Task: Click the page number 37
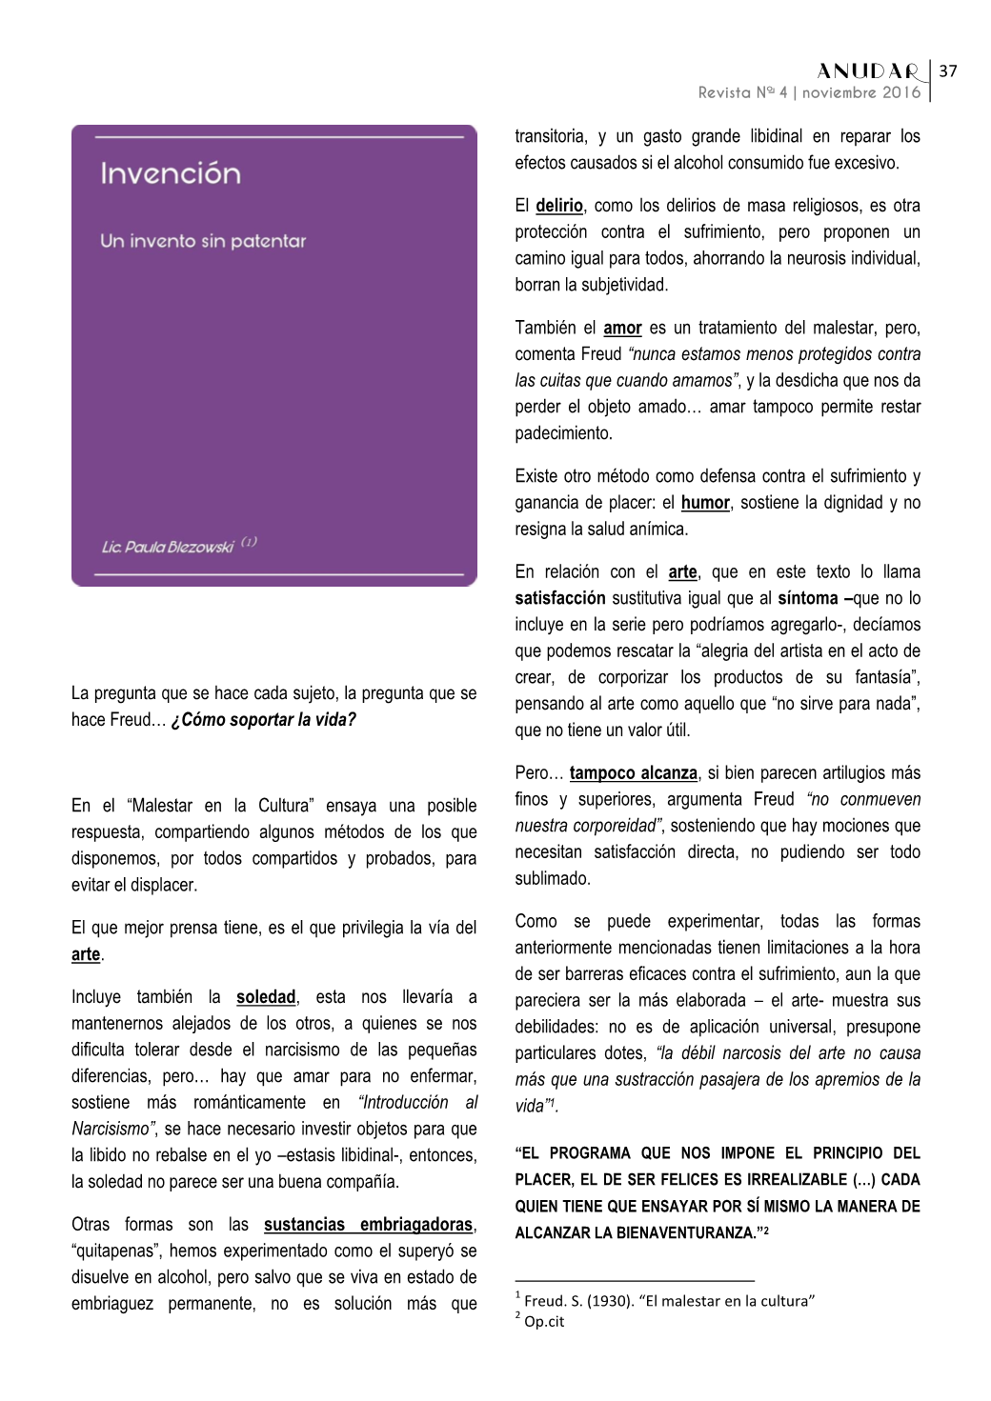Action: click(947, 70)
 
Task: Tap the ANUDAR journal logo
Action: click(868, 71)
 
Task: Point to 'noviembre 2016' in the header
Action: click(861, 92)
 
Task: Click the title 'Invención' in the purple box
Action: click(171, 173)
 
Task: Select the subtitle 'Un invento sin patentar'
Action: click(203, 241)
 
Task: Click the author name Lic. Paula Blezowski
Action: click(168, 547)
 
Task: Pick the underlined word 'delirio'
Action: click(559, 206)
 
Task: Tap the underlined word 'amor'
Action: click(622, 328)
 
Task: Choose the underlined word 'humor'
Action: click(705, 503)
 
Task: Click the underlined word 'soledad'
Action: click(266, 997)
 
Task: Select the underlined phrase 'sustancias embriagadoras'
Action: click(368, 1225)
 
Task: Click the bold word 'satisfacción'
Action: click(560, 598)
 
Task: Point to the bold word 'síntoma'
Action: click(809, 598)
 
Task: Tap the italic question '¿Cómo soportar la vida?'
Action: click(263, 720)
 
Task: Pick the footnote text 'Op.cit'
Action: click(544, 1322)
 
